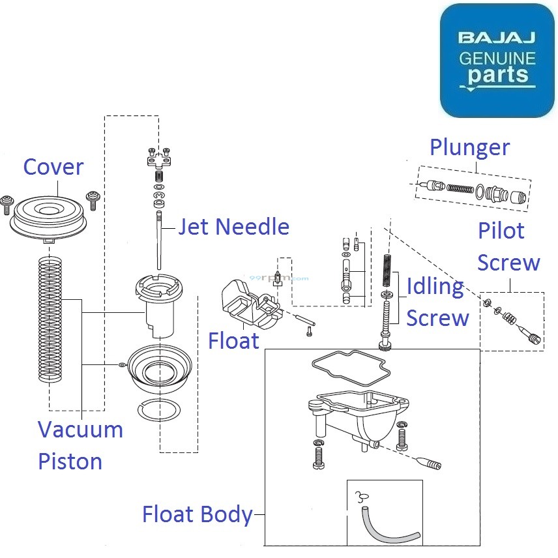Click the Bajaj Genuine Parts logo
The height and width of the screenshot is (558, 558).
click(497, 60)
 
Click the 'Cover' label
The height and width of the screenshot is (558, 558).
click(53, 167)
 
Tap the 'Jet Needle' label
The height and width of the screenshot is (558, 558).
click(233, 227)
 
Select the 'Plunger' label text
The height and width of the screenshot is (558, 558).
click(469, 147)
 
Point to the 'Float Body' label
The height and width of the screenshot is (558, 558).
click(197, 515)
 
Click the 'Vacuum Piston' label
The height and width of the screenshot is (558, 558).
click(80, 446)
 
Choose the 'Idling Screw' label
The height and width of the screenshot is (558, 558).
click(437, 302)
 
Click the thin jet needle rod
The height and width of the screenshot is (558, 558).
click(158, 241)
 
